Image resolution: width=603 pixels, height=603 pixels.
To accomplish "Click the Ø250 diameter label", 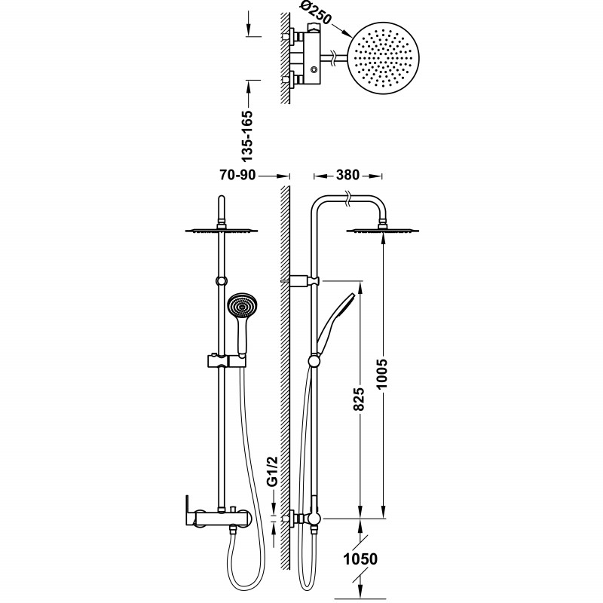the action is pos(314,13).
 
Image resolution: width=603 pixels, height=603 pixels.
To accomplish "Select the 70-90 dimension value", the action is pos(237,175).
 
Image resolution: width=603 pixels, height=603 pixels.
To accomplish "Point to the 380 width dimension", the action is pos(347,175).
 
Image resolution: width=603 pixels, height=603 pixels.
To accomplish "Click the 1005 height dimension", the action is pos(383,374).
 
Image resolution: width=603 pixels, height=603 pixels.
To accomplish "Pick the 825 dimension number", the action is pos(359,399).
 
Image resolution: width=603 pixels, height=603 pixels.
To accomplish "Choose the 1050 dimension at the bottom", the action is pos(360,559).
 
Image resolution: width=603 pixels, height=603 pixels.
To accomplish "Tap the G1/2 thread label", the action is pos(273,472).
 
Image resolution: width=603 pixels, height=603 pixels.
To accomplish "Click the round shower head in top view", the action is pos(383,59).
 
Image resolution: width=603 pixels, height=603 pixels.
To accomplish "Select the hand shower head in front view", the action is pos(242,307).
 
